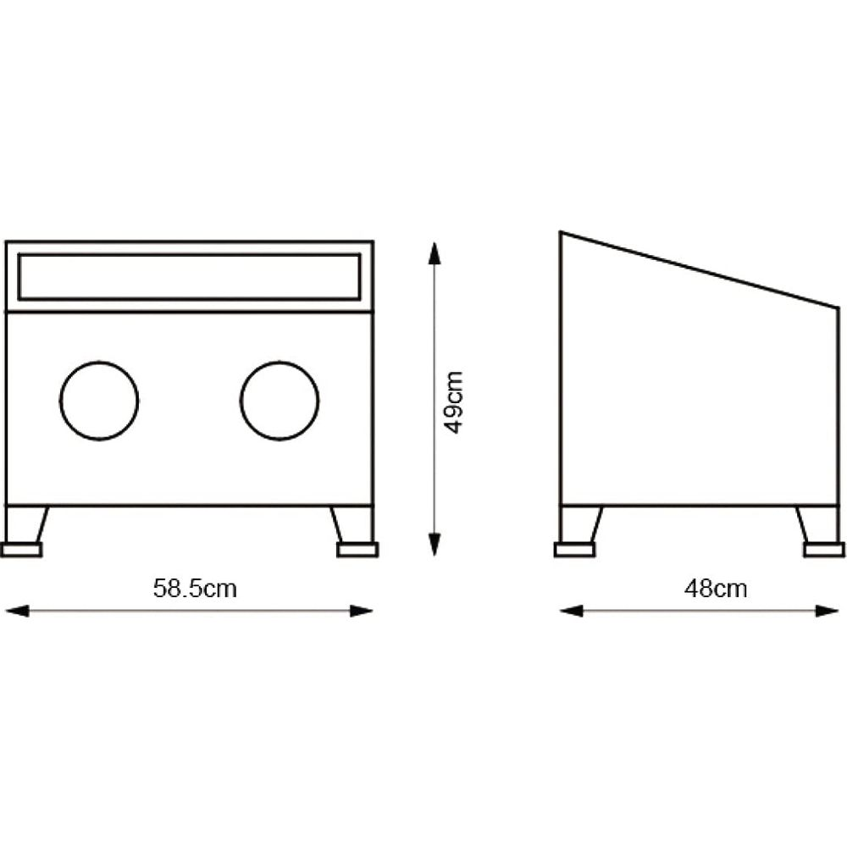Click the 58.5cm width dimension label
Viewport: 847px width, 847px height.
tap(195, 589)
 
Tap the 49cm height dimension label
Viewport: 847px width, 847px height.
tap(453, 402)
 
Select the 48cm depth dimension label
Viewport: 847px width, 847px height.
tap(716, 589)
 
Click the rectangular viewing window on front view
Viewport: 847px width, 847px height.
tap(189, 254)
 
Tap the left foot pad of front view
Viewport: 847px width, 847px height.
tap(21, 550)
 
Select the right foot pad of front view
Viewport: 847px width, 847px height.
tap(357, 550)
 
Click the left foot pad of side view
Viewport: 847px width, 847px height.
tap(575, 550)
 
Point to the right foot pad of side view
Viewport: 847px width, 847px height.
tap(824, 550)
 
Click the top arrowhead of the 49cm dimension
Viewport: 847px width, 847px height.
tap(435, 253)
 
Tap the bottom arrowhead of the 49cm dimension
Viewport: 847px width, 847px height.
tap(435, 545)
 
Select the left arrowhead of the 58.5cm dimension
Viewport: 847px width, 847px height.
tap(16, 612)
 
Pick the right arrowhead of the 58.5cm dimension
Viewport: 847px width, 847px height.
tap(362, 612)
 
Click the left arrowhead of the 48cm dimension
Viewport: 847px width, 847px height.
tap(572, 612)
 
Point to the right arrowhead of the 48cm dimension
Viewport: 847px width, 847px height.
tap(827, 612)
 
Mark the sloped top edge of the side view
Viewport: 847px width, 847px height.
tap(700, 270)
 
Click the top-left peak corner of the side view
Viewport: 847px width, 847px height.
tap(561, 232)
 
